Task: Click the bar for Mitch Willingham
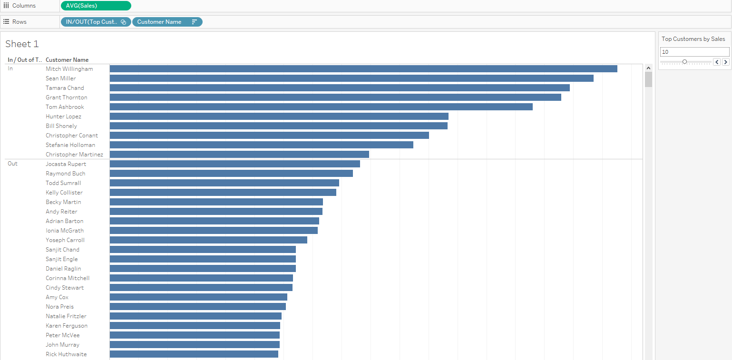click(x=363, y=69)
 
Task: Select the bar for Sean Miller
click(x=351, y=78)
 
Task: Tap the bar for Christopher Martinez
click(x=239, y=155)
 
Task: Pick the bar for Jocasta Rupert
click(x=235, y=164)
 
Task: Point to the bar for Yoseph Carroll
click(x=208, y=240)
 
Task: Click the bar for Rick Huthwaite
click(x=194, y=354)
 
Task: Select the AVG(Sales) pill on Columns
click(x=96, y=6)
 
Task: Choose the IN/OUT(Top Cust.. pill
click(x=91, y=22)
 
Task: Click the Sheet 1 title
click(x=22, y=44)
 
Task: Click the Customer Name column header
click(x=67, y=60)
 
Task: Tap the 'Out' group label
click(x=12, y=164)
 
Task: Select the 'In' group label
click(x=10, y=68)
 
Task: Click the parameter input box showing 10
click(x=694, y=52)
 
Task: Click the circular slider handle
click(x=684, y=62)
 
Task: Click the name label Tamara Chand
click(x=65, y=88)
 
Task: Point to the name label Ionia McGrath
click(x=65, y=231)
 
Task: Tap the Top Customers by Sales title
click(x=693, y=39)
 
